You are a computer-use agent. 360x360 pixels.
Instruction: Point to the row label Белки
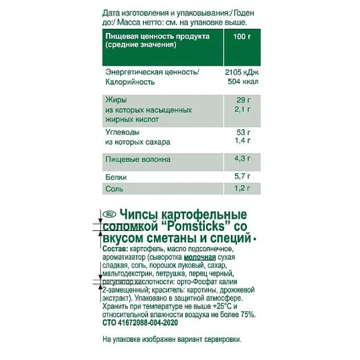point(116,177)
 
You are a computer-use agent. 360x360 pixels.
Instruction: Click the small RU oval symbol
point(109,214)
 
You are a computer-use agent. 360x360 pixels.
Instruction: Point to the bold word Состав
point(116,250)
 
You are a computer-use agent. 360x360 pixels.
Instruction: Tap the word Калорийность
point(130,82)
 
